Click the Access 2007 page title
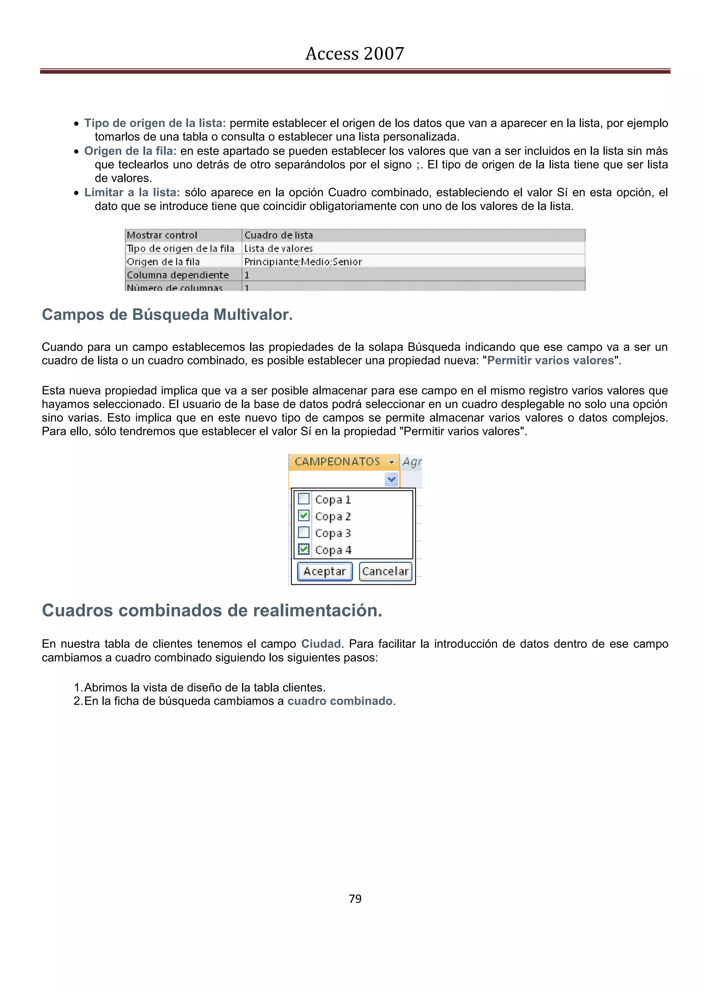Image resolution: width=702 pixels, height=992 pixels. tap(354, 53)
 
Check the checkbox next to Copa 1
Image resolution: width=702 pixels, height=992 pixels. tap(304, 499)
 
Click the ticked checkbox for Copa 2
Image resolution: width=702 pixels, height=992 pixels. tap(304, 516)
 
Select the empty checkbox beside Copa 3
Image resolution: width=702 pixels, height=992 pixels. tap(304, 532)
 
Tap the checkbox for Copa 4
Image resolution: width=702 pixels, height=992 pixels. tap(304, 549)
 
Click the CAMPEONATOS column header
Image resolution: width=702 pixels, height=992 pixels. tap(337, 461)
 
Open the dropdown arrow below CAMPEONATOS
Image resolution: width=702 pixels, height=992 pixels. tap(391, 479)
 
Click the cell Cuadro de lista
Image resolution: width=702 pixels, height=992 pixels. tap(278, 235)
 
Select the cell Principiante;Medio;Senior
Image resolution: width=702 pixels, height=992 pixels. tap(303, 261)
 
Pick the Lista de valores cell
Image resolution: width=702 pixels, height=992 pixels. tap(278, 248)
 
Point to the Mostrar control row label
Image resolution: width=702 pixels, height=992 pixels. tap(162, 235)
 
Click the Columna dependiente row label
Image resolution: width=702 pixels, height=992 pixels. tap(177, 275)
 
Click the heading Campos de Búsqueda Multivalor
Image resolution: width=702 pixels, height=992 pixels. tap(167, 314)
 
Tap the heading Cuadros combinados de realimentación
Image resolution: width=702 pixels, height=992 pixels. tap(212, 610)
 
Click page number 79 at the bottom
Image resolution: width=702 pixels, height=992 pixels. tap(355, 899)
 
